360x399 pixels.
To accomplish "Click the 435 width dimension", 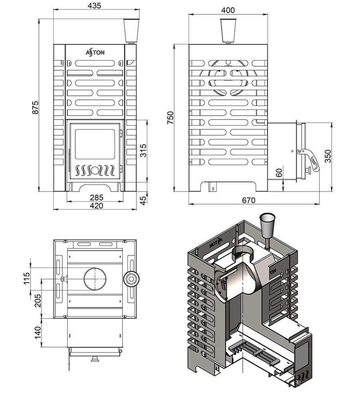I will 94,6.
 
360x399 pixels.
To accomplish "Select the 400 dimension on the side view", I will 228,10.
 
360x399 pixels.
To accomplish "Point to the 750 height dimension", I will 171,118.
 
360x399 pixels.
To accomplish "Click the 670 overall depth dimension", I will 248,200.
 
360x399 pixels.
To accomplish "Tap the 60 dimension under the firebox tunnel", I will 279,172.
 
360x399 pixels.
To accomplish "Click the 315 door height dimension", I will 144,150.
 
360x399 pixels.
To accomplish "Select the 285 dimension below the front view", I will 96,198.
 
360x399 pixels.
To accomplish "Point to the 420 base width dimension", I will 96,206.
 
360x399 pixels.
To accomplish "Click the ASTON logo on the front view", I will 96,52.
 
